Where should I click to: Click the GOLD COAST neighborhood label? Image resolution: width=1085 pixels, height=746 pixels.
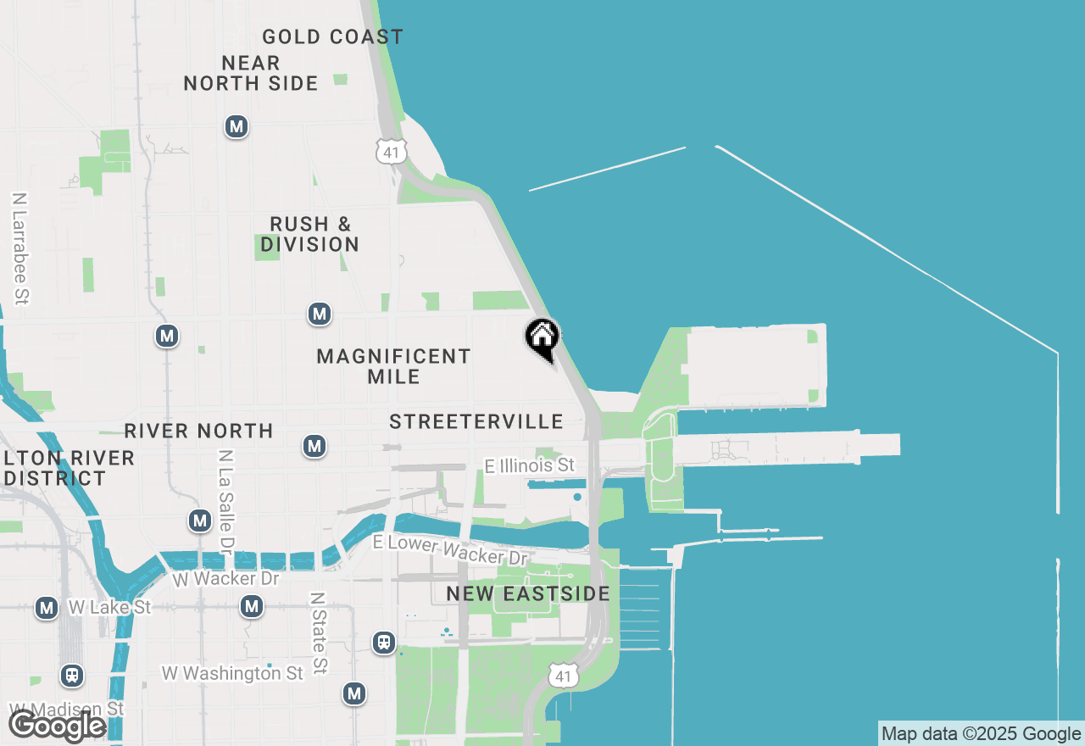[332, 37]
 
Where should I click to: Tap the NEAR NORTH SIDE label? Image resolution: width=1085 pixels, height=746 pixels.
[251, 73]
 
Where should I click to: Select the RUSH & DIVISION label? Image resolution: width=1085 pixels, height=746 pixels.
[310, 234]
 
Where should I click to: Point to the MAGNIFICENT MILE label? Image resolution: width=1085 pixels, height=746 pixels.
[393, 366]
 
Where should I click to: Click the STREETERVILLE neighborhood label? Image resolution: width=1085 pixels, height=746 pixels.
[476, 421]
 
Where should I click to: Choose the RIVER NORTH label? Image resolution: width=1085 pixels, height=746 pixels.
[198, 431]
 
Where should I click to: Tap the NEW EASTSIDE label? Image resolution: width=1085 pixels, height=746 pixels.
[528, 593]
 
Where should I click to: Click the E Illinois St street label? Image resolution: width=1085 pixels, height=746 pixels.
[529, 465]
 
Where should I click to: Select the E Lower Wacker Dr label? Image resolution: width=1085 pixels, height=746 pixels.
[450, 550]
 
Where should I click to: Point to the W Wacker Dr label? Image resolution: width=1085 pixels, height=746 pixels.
[225, 579]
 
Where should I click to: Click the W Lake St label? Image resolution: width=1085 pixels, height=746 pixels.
[108, 607]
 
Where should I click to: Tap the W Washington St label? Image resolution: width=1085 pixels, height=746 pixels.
[232, 673]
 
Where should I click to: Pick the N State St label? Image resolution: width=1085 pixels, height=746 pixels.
[319, 632]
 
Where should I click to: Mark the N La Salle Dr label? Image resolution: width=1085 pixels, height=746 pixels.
[225, 498]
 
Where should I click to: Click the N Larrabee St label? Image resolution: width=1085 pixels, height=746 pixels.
[20, 248]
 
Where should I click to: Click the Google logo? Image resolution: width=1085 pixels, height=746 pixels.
[57, 726]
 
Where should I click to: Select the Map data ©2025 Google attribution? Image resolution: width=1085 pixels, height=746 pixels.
[981, 734]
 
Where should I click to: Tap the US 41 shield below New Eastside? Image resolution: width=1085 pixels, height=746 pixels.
[562, 675]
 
